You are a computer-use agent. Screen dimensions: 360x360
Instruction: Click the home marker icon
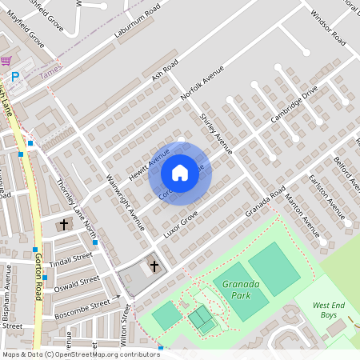(x=180, y=173)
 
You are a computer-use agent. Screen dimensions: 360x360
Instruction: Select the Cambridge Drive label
(x=294, y=103)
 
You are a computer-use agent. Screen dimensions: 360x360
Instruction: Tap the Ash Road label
(x=164, y=70)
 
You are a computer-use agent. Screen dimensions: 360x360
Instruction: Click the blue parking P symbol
(x=15, y=77)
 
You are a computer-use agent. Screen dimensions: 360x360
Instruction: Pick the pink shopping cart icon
(x=6, y=60)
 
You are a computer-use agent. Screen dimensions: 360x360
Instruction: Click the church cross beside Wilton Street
(x=154, y=265)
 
